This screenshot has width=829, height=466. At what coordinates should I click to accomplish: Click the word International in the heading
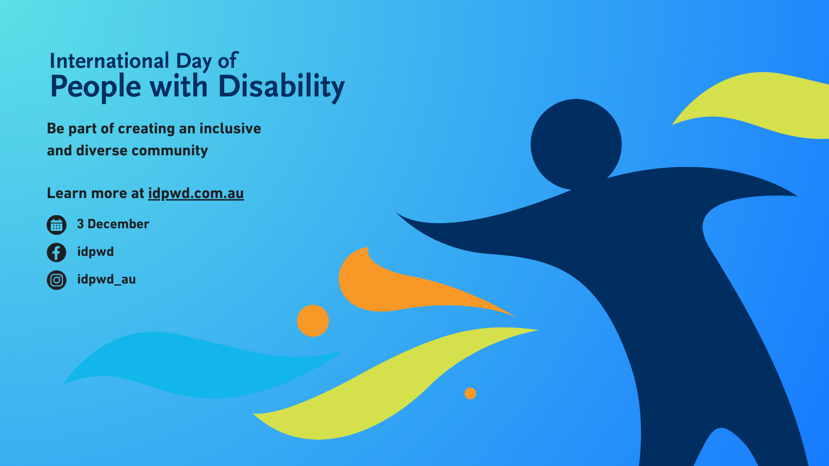[109, 61]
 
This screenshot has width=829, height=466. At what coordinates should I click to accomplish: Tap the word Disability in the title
[282, 87]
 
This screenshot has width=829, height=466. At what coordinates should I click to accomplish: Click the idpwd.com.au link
[196, 194]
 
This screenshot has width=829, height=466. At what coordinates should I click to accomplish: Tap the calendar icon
[57, 225]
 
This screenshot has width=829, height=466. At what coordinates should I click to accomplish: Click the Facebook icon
[57, 252]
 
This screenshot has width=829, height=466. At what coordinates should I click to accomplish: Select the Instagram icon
[57, 280]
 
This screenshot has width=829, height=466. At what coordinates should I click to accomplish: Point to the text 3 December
[113, 224]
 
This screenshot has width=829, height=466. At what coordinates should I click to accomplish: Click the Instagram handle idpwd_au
[107, 280]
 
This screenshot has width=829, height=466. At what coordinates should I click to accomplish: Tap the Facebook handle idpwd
[95, 252]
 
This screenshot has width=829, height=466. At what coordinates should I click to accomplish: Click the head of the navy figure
[576, 144]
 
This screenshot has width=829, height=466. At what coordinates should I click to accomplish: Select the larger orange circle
[313, 321]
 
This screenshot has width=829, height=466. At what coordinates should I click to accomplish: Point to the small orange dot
[470, 394]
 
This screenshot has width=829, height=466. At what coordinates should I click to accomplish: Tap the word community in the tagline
[170, 151]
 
